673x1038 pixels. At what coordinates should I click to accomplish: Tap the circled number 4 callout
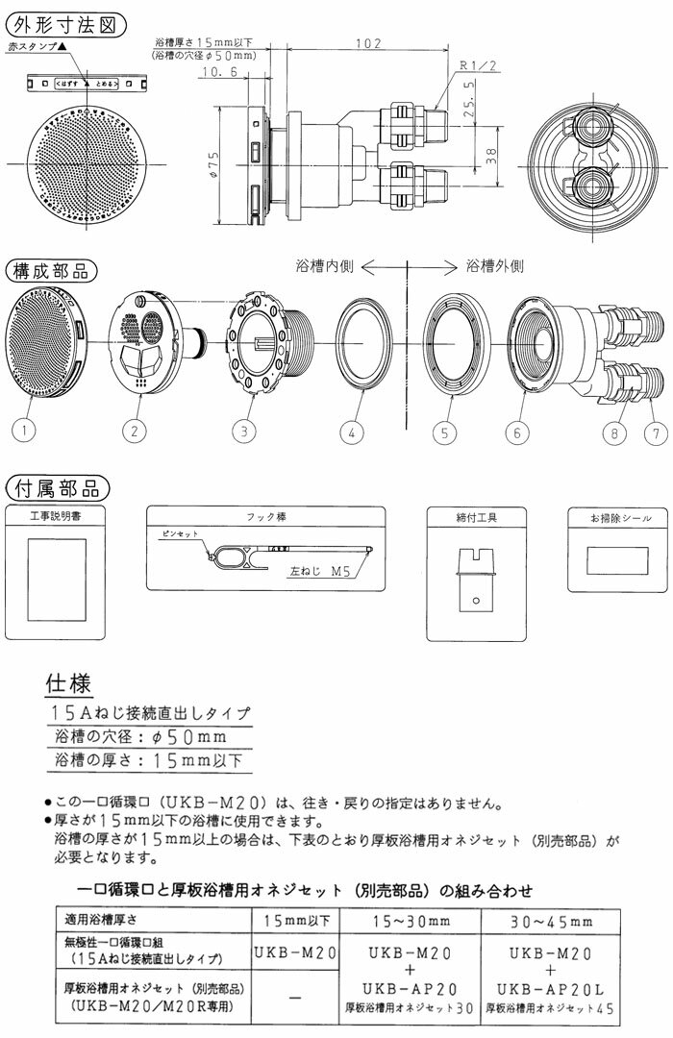(x=353, y=432)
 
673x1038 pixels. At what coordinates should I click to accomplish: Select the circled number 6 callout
(x=517, y=432)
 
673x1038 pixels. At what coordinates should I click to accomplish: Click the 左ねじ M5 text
(x=319, y=569)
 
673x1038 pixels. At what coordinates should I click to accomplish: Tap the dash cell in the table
(x=296, y=998)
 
